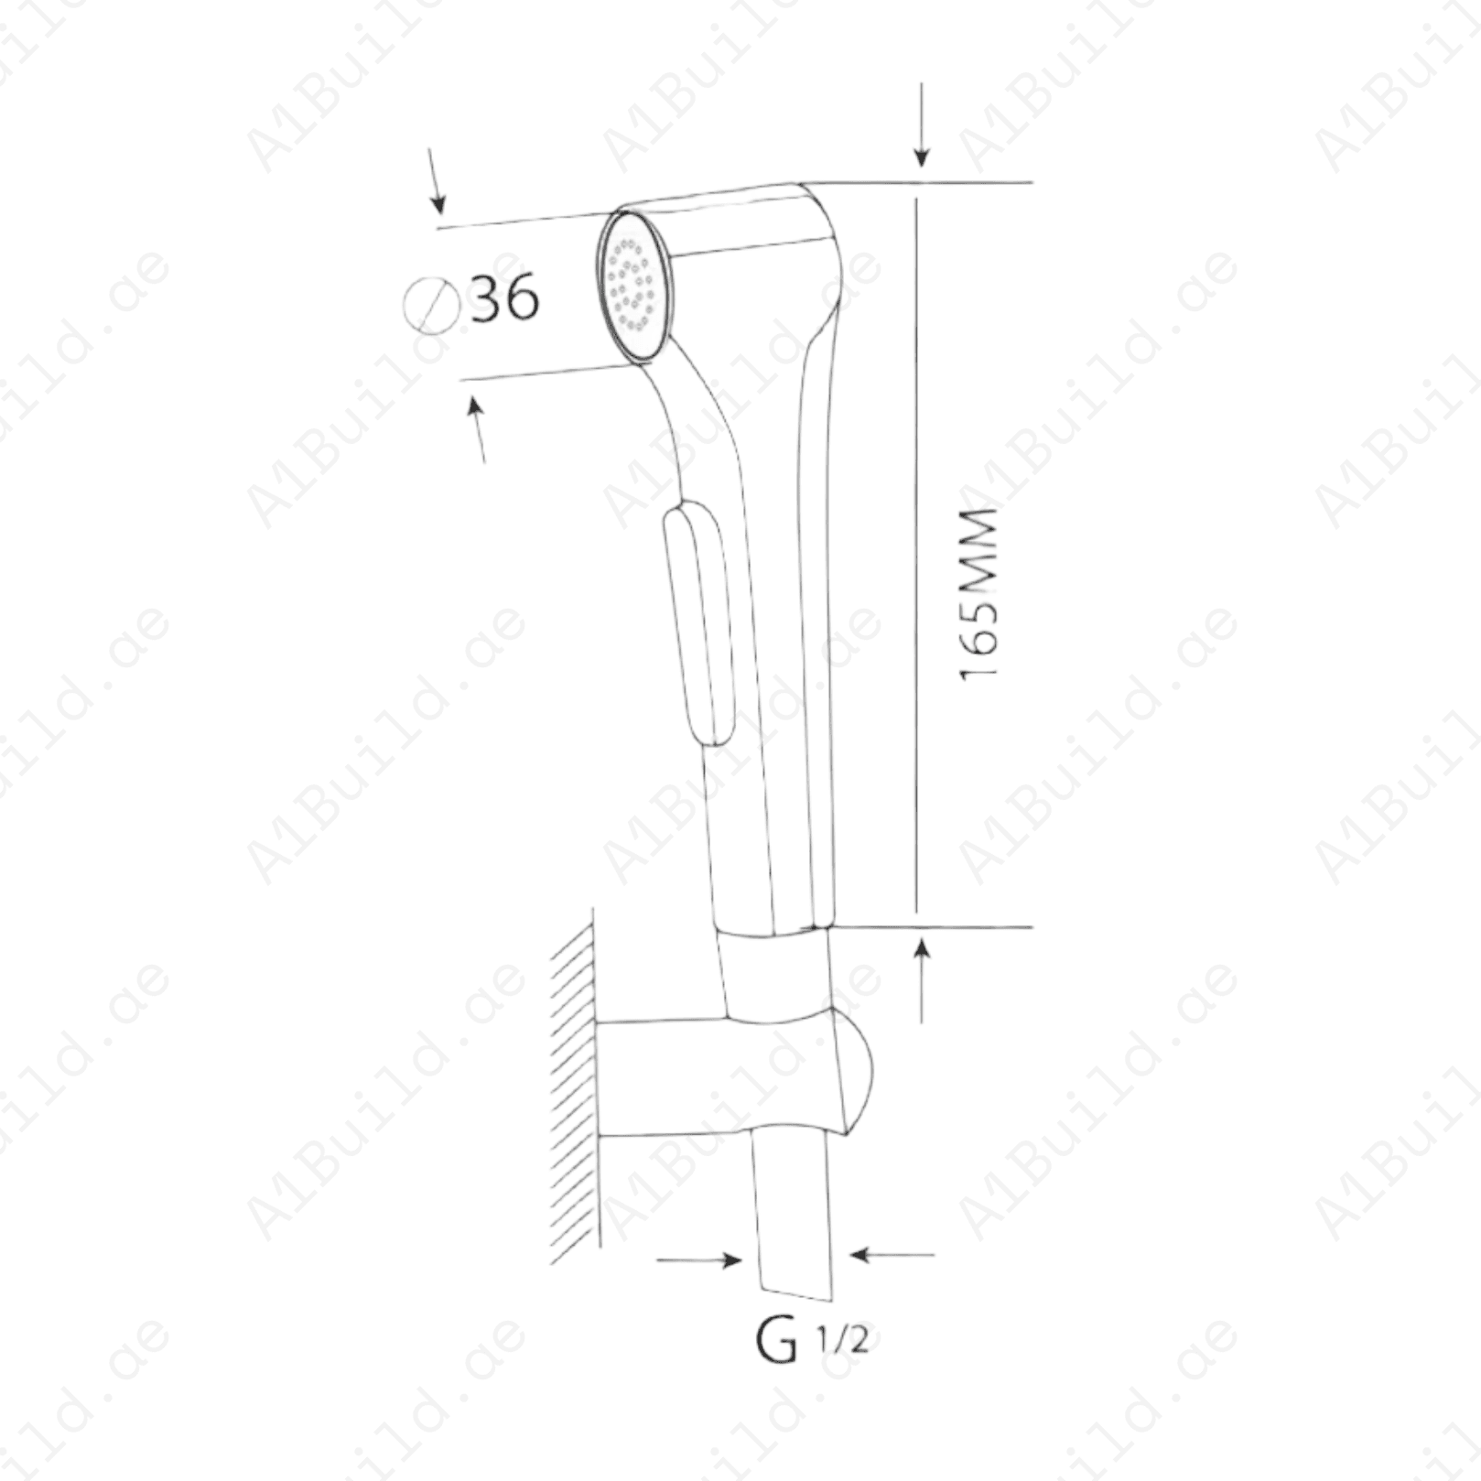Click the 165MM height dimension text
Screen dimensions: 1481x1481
click(x=978, y=593)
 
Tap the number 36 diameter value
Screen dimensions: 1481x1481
click(x=504, y=297)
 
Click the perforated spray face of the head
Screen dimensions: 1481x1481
click(x=632, y=286)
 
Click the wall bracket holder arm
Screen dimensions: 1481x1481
click(x=696, y=1076)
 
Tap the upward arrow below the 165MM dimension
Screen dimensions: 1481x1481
click(x=923, y=979)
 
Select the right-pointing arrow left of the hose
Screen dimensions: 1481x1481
click(x=700, y=1260)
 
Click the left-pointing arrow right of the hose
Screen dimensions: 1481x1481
click(x=892, y=1254)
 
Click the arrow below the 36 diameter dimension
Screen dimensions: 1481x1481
click(x=478, y=427)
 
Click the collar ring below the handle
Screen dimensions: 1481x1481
click(x=776, y=975)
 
